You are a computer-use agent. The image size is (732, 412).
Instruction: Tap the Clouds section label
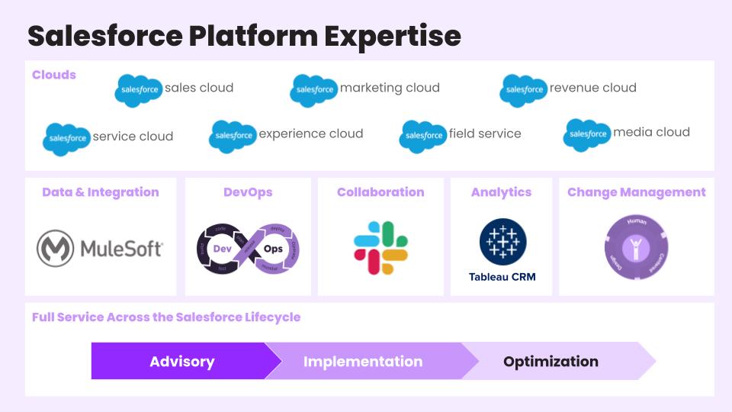click(x=54, y=75)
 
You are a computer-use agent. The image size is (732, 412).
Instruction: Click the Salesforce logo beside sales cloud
click(x=138, y=90)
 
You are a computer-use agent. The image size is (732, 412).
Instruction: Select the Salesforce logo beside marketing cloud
click(x=313, y=90)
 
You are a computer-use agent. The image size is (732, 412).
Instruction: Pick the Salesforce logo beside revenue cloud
click(x=523, y=90)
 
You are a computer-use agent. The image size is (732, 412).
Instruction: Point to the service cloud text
click(x=133, y=137)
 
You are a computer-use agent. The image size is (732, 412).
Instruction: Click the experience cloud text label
click(x=310, y=134)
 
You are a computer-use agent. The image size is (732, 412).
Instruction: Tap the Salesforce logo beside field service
click(x=423, y=136)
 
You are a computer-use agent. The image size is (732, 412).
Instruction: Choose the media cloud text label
click(x=651, y=132)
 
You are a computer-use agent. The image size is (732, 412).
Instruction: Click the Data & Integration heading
click(x=101, y=192)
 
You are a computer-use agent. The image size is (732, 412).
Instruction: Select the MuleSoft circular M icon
click(x=56, y=248)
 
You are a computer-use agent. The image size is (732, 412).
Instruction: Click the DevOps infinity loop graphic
click(x=248, y=249)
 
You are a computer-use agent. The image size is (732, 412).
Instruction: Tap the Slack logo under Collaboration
click(x=380, y=248)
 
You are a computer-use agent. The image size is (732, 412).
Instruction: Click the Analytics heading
click(x=501, y=192)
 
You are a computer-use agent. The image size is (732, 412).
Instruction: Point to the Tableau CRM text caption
click(x=502, y=276)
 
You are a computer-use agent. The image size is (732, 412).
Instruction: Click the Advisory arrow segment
click(x=181, y=362)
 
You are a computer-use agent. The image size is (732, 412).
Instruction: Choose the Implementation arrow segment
click(x=363, y=362)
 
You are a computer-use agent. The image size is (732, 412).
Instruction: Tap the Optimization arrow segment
click(x=551, y=362)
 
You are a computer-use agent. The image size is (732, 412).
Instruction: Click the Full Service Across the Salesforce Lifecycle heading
click(x=166, y=317)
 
